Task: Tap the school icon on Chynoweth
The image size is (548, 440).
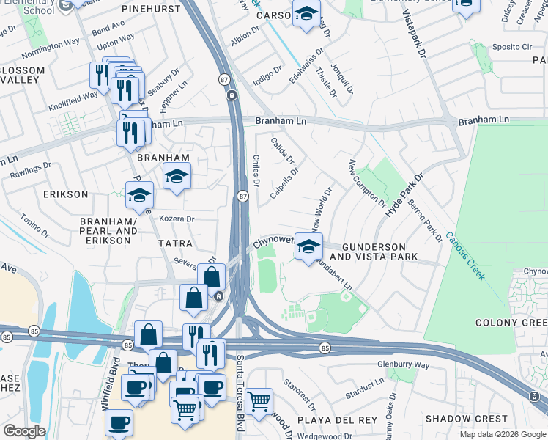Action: click(309, 246)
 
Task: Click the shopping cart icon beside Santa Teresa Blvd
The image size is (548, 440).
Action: click(259, 401)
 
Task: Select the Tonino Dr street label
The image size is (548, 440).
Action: click(34, 226)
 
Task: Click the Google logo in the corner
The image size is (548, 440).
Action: click(23, 431)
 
